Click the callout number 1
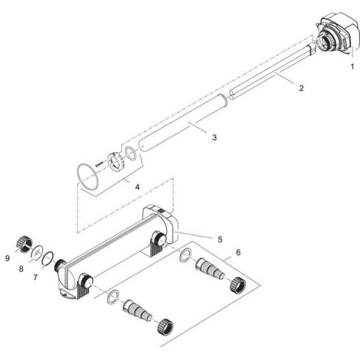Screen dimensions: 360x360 pos(352,67)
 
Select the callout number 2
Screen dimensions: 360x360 pos(301,87)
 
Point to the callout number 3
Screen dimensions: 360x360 pos(214,137)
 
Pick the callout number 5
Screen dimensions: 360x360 pos(220,239)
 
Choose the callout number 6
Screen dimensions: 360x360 pos(237,252)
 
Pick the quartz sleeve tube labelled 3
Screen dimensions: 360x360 pos(181,124)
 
